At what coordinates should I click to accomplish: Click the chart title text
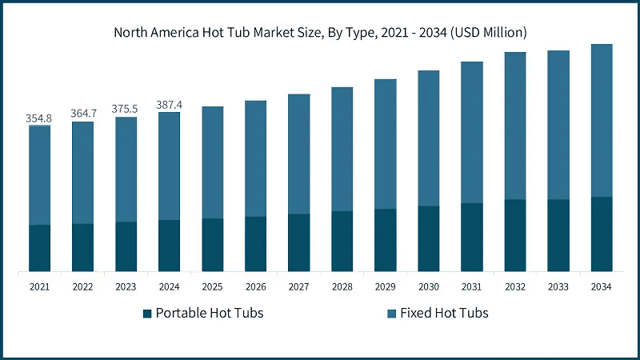pyautogui.click(x=320, y=32)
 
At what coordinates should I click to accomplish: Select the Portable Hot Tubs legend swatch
pyautogui.click(x=147, y=313)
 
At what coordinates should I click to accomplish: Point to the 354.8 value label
pyautogui.click(x=38, y=118)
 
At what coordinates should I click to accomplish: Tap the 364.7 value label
pyautogui.click(x=82, y=114)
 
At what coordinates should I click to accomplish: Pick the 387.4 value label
pyautogui.click(x=169, y=105)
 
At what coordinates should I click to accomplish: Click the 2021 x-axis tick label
pyautogui.click(x=39, y=286)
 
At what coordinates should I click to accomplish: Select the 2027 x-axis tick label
pyautogui.click(x=298, y=286)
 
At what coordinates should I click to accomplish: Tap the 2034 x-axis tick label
pyautogui.click(x=601, y=286)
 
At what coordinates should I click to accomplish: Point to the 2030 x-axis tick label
pyautogui.click(x=428, y=286)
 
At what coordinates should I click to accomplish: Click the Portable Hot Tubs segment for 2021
pyautogui.click(x=39, y=248)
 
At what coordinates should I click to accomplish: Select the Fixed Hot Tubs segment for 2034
pyautogui.click(x=601, y=120)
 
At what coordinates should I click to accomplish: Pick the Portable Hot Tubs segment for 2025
pyautogui.click(x=212, y=245)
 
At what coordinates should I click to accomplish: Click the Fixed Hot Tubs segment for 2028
pyautogui.click(x=342, y=149)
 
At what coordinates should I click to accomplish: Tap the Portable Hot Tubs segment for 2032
pyautogui.click(x=514, y=235)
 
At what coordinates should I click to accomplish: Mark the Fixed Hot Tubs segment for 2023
pyautogui.click(x=126, y=170)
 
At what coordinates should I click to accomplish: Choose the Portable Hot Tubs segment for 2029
pyautogui.click(x=385, y=240)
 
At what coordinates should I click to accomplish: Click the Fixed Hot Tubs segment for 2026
pyautogui.click(x=255, y=158)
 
